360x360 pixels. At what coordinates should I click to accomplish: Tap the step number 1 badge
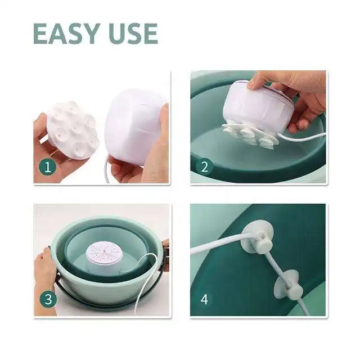tap(48, 167)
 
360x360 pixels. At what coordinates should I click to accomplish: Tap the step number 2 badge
tap(204, 166)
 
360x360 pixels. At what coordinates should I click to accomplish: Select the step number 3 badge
tap(48, 299)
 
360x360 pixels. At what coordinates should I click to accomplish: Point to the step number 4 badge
tap(204, 299)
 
